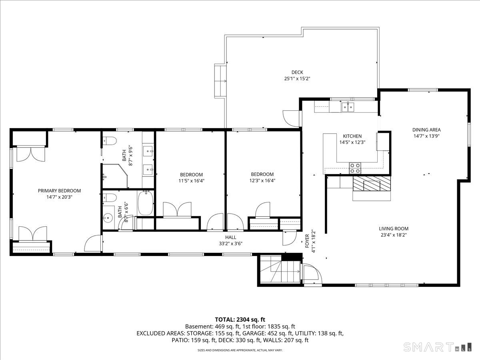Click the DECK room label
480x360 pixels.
click(x=297, y=72)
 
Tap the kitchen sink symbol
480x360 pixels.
click(x=348, y=107)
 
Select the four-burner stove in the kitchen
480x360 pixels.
click(x=355, y=168)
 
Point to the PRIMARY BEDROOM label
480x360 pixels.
click(x=59, y=191)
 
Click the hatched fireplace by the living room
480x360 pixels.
click(x=372, y=184)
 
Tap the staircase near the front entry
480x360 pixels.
click(x=280, y=272)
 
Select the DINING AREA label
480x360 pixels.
click(x=426, y=130)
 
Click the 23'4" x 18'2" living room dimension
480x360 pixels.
click(x=394, y=235)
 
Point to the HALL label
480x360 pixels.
click(x=231, y=237)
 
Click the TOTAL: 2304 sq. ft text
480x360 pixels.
click(x=240, y=320)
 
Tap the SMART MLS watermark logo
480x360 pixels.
click(x=437, y=347)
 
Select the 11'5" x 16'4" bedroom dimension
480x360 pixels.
click(x=191, y=181)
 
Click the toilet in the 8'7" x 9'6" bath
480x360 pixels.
click(x=110, y=141)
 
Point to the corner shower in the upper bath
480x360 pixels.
click(x=115, y=176)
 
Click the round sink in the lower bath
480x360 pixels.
click(x=108, y=218)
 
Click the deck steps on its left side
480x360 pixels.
click(x=220, y=81)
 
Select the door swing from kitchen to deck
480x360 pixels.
click(x=291, y=118)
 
